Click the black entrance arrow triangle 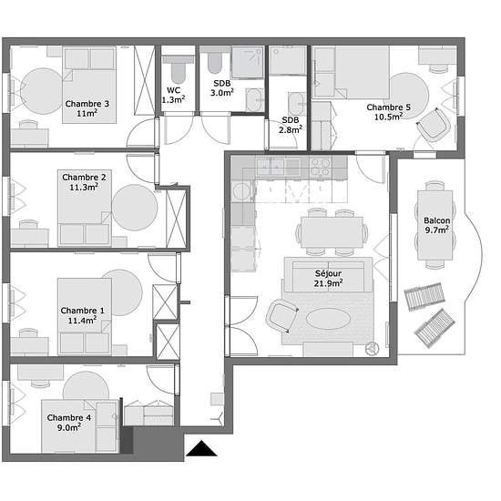[x=201, y=448]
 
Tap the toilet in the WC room [x=178, y=69]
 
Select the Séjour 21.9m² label [x=328, y=279]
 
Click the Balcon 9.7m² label [x=436, y=225]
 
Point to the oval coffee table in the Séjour [x=329, y=319]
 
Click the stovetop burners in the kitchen [x=321, y=167]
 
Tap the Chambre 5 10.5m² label [x=388, y=112]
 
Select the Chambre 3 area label [x=87, y=108]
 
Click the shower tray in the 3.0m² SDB [x=247, y=63]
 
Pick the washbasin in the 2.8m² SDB [x=297, y=104]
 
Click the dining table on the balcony [x=435, y=225]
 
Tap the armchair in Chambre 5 [x=435, y=125]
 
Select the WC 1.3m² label [x=173, y=96]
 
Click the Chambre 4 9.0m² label [x=69, y=423]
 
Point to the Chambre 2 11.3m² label [x=84, y=182]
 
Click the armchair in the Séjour [x=282, y=316]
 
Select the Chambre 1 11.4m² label [x=82, y=315]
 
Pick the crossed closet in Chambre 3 [x=145, y=80]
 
